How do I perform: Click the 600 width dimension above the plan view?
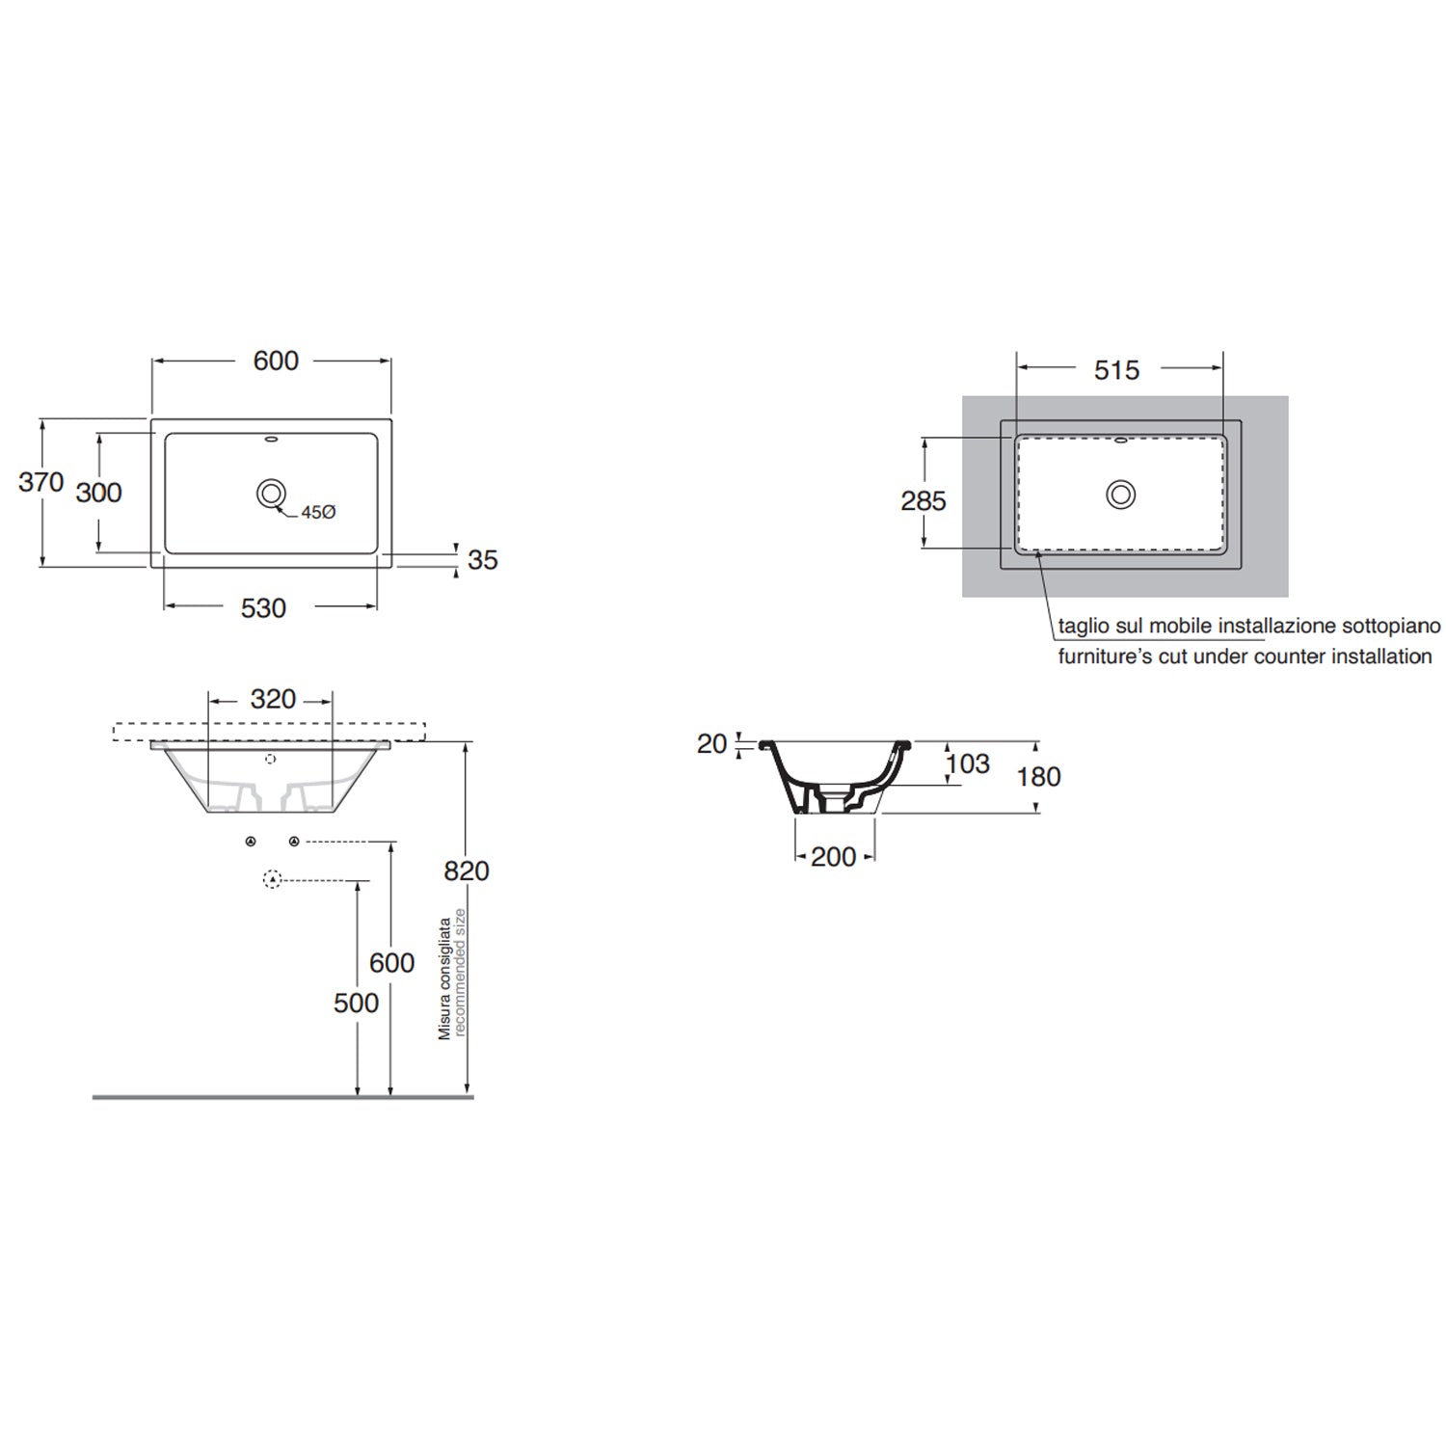pos(276,361)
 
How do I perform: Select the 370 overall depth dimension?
pos(40,482)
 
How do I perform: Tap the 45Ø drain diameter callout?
pos(317,513)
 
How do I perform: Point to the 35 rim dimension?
pos(482,560)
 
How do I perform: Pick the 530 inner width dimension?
pos(263,608)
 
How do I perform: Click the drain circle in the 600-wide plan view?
pos(272,494)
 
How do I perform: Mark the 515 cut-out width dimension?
pos(1116,370)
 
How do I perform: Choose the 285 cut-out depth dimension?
pos(923,501)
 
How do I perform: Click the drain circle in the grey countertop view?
pos(1120,495)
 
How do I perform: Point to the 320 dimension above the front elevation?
pos(273,699)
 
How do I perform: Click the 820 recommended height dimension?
pos(467,870)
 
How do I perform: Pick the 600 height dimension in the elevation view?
pos(391,962)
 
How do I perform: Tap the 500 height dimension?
pos(356,1003)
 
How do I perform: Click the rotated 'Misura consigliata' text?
pos(444,977)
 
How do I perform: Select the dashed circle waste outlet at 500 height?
pos(273,879)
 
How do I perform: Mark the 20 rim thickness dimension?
pos(711,744)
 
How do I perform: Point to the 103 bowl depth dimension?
pos(968,763)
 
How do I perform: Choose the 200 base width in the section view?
pos(833,856)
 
